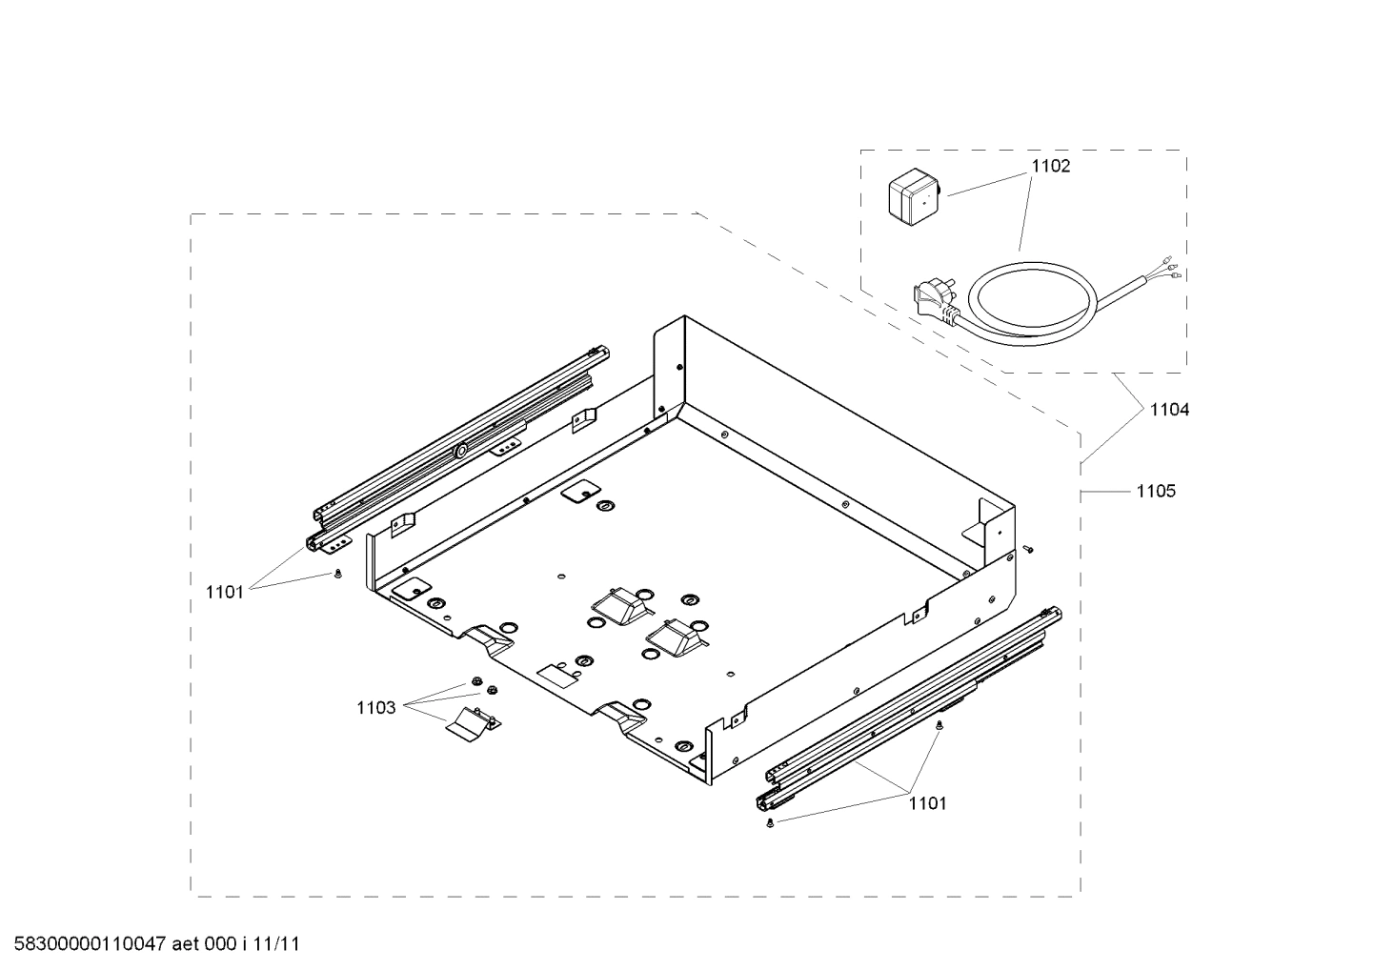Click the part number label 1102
click(x=1051, y=166)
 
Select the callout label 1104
click(x=1168, y=410)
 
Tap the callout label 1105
click(x=1155, y=492)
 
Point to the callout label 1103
click(x=375, y=707)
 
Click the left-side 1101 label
click(x=225, y=592)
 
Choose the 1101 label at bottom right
click(x=927, y=803)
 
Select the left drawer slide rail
click(x=457, y=448)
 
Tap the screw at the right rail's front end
click(x=769, y=822)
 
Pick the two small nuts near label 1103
click(x=482, y=686)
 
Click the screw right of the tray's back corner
click(x=1028, y=549)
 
